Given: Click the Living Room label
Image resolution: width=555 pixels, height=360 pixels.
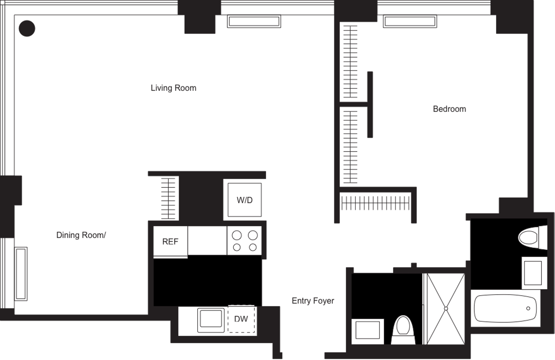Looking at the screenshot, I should click(173, 88).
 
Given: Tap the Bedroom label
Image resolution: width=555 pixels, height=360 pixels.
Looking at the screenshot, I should click(449, 109).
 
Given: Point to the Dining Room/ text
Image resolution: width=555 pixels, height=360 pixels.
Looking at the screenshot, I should click(81, 235).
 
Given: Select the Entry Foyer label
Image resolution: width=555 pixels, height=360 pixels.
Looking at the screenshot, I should click(313, 301).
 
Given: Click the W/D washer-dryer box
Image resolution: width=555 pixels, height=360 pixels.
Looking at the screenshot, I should click(245, 200).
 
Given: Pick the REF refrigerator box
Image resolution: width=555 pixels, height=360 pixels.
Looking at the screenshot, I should click(170, 241).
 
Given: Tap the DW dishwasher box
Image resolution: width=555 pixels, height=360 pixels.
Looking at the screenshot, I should click(241, 319).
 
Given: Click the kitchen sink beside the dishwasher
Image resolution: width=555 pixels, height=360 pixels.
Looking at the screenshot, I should click(211, 319).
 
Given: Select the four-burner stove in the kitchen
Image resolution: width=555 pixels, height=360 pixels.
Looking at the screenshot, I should click(245, 241).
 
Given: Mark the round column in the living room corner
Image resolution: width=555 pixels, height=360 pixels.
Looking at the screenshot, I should click(27, 28).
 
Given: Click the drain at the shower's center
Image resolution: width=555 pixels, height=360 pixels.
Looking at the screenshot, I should click(446, 309).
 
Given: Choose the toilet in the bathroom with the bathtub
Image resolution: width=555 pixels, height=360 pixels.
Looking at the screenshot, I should click(532, 237).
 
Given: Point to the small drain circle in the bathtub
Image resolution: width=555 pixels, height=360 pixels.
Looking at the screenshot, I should click(528, 308).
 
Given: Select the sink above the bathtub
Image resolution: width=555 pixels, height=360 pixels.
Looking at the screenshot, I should click(534, 273).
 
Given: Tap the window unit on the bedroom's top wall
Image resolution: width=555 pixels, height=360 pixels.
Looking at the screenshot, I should click(410, 22).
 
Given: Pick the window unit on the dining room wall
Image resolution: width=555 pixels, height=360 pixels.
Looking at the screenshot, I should click(21, 274).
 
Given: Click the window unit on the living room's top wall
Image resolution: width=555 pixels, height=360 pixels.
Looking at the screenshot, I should click(254, 22).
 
